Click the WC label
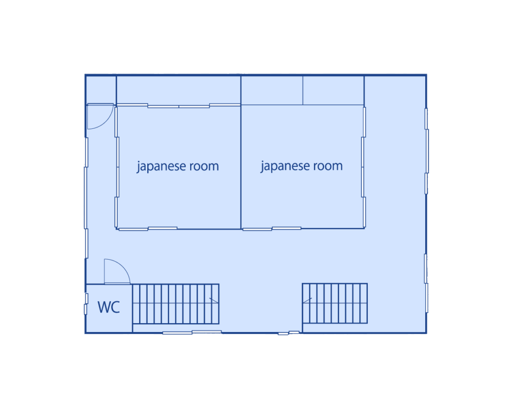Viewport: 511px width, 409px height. (x=109, y=307)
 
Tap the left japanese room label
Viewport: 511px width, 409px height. (x=178, y=166)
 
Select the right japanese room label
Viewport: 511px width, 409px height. (x=301, y=166)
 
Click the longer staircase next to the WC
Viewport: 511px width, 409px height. (x=176, y=304)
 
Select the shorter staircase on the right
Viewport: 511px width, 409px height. (x=335, y=303)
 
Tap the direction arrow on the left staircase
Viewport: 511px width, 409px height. (x=214, y=301)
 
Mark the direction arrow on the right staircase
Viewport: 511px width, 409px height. (x=307, y=301)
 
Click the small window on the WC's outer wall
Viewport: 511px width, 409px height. (x=86, y=304)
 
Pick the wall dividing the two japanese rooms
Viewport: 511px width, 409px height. (x=241, y=152)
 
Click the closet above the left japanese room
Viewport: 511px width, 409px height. (x=179, y=90)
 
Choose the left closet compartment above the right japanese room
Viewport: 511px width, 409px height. (x=272, y=90)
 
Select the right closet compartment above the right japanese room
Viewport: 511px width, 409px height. (x=333, y=90)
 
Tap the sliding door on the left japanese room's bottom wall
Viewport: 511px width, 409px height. (x=148, y=229)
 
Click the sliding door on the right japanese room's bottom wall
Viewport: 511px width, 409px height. (x=272, y=228)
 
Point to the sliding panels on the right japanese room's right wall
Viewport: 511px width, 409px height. (x=364, y=167)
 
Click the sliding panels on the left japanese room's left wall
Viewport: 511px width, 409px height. (x=117, y=167)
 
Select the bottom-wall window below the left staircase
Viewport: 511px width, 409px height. (x=192, y=333)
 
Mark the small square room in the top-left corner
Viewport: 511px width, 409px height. (x=101, y=90)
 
